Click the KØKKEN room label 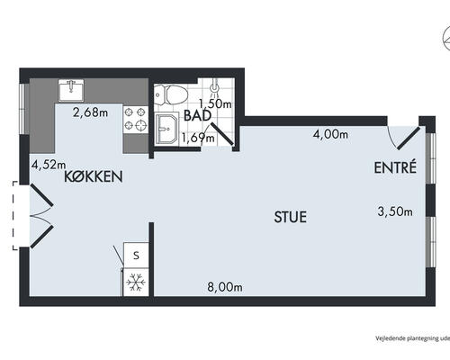pyautogui.click(x=94, y=176)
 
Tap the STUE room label pyautogui.click(x=291, y=217)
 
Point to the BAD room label pyautogui.click(x=197, y=115)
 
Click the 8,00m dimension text pyautogui.click(x=225, y=287)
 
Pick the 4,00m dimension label pyautogui.click(x=330, y=134)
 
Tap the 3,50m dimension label pyautogui.click(x=395, y=211)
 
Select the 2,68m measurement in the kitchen pyautogui.click(x=91, y=112)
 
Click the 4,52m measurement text pyautogui.click(x=49, y=165)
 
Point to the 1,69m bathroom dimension pyautogui.click(x=198, y=138)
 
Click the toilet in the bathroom pyautogui.click(x=171, y=94)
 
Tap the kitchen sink pyautogui.click(x=71, y=90)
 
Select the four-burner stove pyautogui.click(x=136, y=120)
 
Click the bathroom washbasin pyautogui.click(x=166, y=129)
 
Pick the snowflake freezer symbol pyautogui.click(x=136, y=283)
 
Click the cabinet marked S pyautogui.click(x=136, y=255)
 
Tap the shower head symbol pyautogui.click(x=214, y=86)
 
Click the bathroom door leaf pyautogui.click(x=221, y=134)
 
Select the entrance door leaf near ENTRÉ pyautogui.click(x=409, y=139)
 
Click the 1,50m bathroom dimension pyautogui.click(x=215, y=103)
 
